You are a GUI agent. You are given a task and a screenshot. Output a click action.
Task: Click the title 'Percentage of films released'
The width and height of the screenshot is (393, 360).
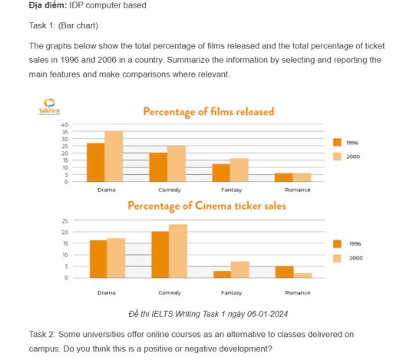pyautogui.click(x=208, y=112)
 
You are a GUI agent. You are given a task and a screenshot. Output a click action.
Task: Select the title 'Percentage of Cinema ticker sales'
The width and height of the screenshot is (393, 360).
pyautogui.click(x=206, y=206)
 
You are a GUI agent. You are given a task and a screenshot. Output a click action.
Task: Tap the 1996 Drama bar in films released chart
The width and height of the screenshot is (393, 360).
pyautogui.click(x=96, y=162)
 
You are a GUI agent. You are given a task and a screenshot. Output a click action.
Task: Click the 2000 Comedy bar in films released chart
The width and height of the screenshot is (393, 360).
pyautogui.click(x=177, y=163)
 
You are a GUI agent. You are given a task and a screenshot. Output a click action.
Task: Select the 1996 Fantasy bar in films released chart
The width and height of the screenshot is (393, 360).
pyautogui.click(x=221, y=173)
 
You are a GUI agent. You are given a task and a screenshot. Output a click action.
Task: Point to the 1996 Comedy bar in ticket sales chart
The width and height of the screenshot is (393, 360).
pyautogui.click(x=160, y=254)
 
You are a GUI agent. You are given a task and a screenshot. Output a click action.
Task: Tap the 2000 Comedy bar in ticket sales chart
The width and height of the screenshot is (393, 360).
pyautogui.click(x=177, y=250)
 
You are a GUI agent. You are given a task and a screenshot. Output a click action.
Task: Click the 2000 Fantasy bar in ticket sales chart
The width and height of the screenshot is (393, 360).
pyautogui.click(x=239, y=269)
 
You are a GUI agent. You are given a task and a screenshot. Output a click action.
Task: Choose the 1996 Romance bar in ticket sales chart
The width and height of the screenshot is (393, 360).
pyautogui.click(x=284, y=272)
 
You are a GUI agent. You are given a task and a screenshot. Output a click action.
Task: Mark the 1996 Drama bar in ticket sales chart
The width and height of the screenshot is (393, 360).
pyautogui.click(x=98, y=259)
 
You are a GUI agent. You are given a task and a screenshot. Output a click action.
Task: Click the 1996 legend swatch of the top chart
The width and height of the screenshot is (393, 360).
pyautogui.click(x=337, y=143)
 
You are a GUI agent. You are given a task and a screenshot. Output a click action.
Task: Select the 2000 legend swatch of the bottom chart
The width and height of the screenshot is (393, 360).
pyautogui.click(x=337, y=258)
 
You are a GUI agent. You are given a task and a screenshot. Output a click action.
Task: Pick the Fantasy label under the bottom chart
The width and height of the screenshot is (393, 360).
pyautogui.click(x=231, y=292)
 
